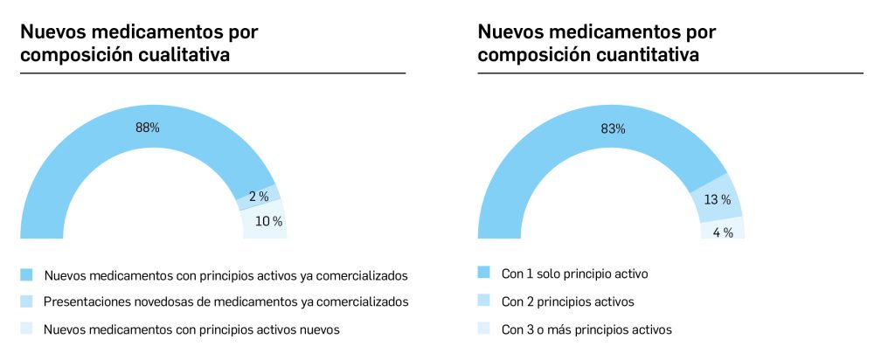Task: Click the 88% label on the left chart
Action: pos(147,128)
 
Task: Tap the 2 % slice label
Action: pos(258,197)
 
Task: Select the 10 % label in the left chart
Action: pos(268,221)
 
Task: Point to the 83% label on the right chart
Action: pos(613,128)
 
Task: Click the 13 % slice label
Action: pos(717,200)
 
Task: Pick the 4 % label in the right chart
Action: pos(722,232)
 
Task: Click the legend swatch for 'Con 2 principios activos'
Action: pos(484,301)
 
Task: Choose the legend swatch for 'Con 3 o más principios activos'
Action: pos(484,329)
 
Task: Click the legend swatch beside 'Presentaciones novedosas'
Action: pos(26,301)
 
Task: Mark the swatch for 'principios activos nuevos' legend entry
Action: pos(26,329)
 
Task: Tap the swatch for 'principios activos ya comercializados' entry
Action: pos(26,274)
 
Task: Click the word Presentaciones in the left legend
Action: pos(83,301)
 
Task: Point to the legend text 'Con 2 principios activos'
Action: pos(568,301)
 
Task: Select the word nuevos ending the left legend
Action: pos(318,329)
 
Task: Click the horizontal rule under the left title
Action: pos(212,73)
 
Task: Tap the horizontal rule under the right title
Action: pos(670,73)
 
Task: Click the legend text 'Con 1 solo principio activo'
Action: pos(574,273)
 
